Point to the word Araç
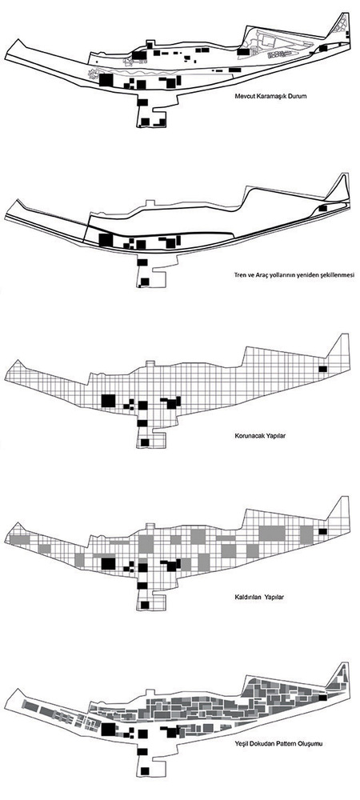(254, 275)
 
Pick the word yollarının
(274, 275)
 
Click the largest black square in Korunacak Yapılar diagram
(108, 401)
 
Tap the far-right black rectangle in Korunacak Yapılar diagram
(322, 370)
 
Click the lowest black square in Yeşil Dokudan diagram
(146, 770)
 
